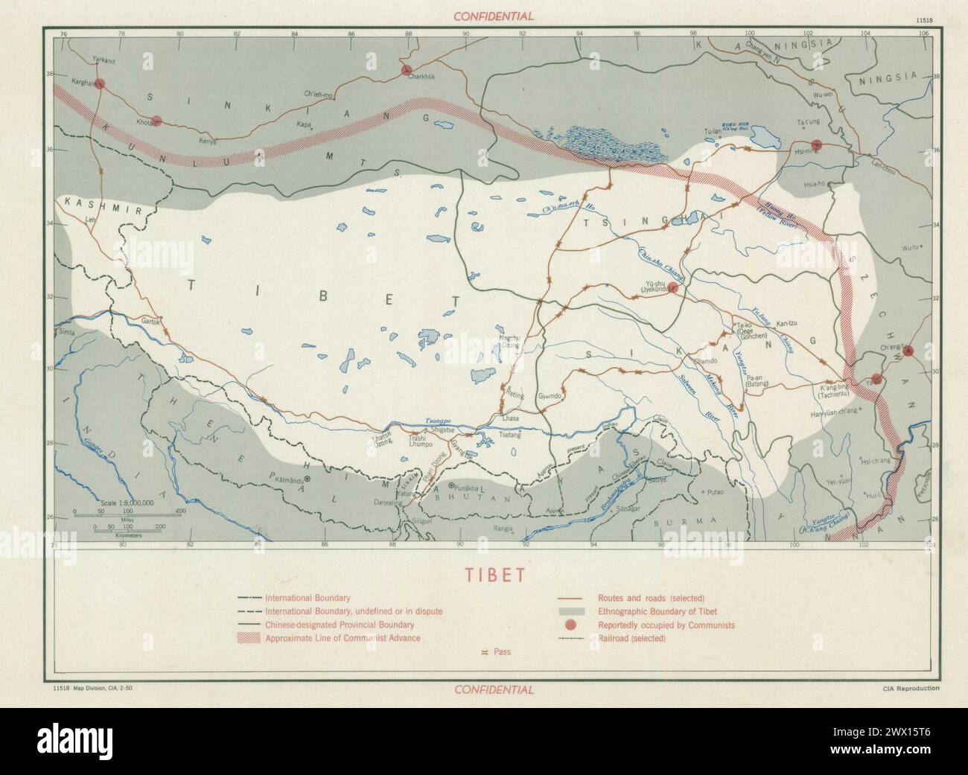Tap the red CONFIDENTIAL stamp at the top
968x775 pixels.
494,16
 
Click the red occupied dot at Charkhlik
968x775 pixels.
407,70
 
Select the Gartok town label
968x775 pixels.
146,322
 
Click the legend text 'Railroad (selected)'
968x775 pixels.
631,638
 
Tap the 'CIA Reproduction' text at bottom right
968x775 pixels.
907,689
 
